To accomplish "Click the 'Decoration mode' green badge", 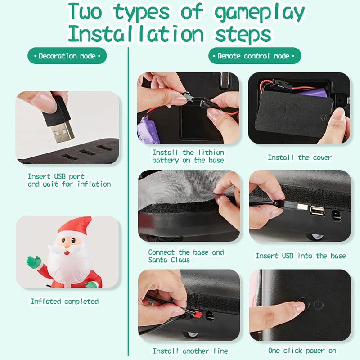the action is pyautogui.click(x=67, y=56).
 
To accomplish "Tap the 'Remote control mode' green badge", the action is pyautogui.click(x=255, y=56).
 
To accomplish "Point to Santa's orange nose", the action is pyautogui.click(x=67, y=245).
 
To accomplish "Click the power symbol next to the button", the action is pyautogui.click(x=319, y=305).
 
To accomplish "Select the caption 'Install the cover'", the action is pyautogui.click(x=300, y=157).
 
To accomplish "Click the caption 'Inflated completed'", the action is pyautogui.click(x=64, y=301).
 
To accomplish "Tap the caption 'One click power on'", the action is pyautogui.click(x=302, y=351).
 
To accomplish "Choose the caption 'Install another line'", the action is pyautogui.click(x=190, y=351).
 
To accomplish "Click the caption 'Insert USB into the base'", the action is pyautogui.click(x=301, y=256).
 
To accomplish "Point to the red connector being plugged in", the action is pyautogui.click(x=197, y=314).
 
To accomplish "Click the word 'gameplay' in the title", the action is pyautogui.click(x=260, y=13).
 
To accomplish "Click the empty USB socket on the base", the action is pyautogui.click(x=318, y=211).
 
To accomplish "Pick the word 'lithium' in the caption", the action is pyautogui.click(x=211, y=153).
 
